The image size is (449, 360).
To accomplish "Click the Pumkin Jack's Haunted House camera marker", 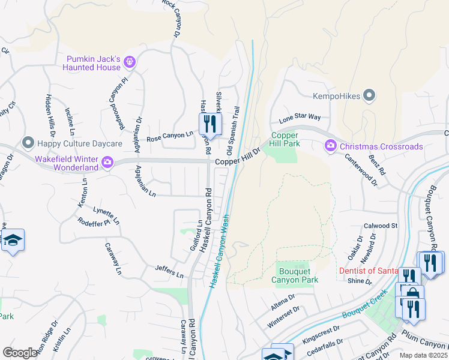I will tap(131, 62).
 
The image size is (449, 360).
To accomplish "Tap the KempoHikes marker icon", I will tap(369, 95).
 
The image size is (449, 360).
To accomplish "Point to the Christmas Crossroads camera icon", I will tap(330, 146).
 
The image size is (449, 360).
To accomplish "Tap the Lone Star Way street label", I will tap(300, 117).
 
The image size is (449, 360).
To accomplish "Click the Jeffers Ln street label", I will tap(169, 271).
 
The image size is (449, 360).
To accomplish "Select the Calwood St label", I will tap(381, 226).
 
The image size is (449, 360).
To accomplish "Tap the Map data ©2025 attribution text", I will tap(423, 355).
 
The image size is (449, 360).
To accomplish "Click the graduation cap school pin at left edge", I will tap(13, 241).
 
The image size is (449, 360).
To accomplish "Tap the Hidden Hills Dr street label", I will tap(53, 112).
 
